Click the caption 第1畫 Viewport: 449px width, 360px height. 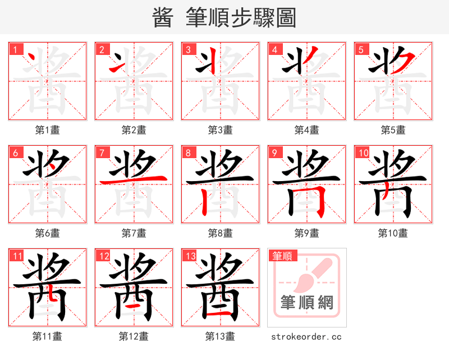click(47, 130)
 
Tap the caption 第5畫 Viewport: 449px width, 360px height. click(393, 130)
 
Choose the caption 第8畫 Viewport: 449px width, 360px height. click(220, 233)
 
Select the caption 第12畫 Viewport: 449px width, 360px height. click(133, 336)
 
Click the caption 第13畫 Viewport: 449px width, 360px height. click(220, 336)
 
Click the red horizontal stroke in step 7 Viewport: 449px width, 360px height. click(133, 179)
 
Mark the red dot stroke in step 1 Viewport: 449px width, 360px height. click(34, 58)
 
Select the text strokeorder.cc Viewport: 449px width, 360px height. click(306, 336)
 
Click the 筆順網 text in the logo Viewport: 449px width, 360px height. click(307, 303)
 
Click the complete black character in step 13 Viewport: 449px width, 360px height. click(220, 287)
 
